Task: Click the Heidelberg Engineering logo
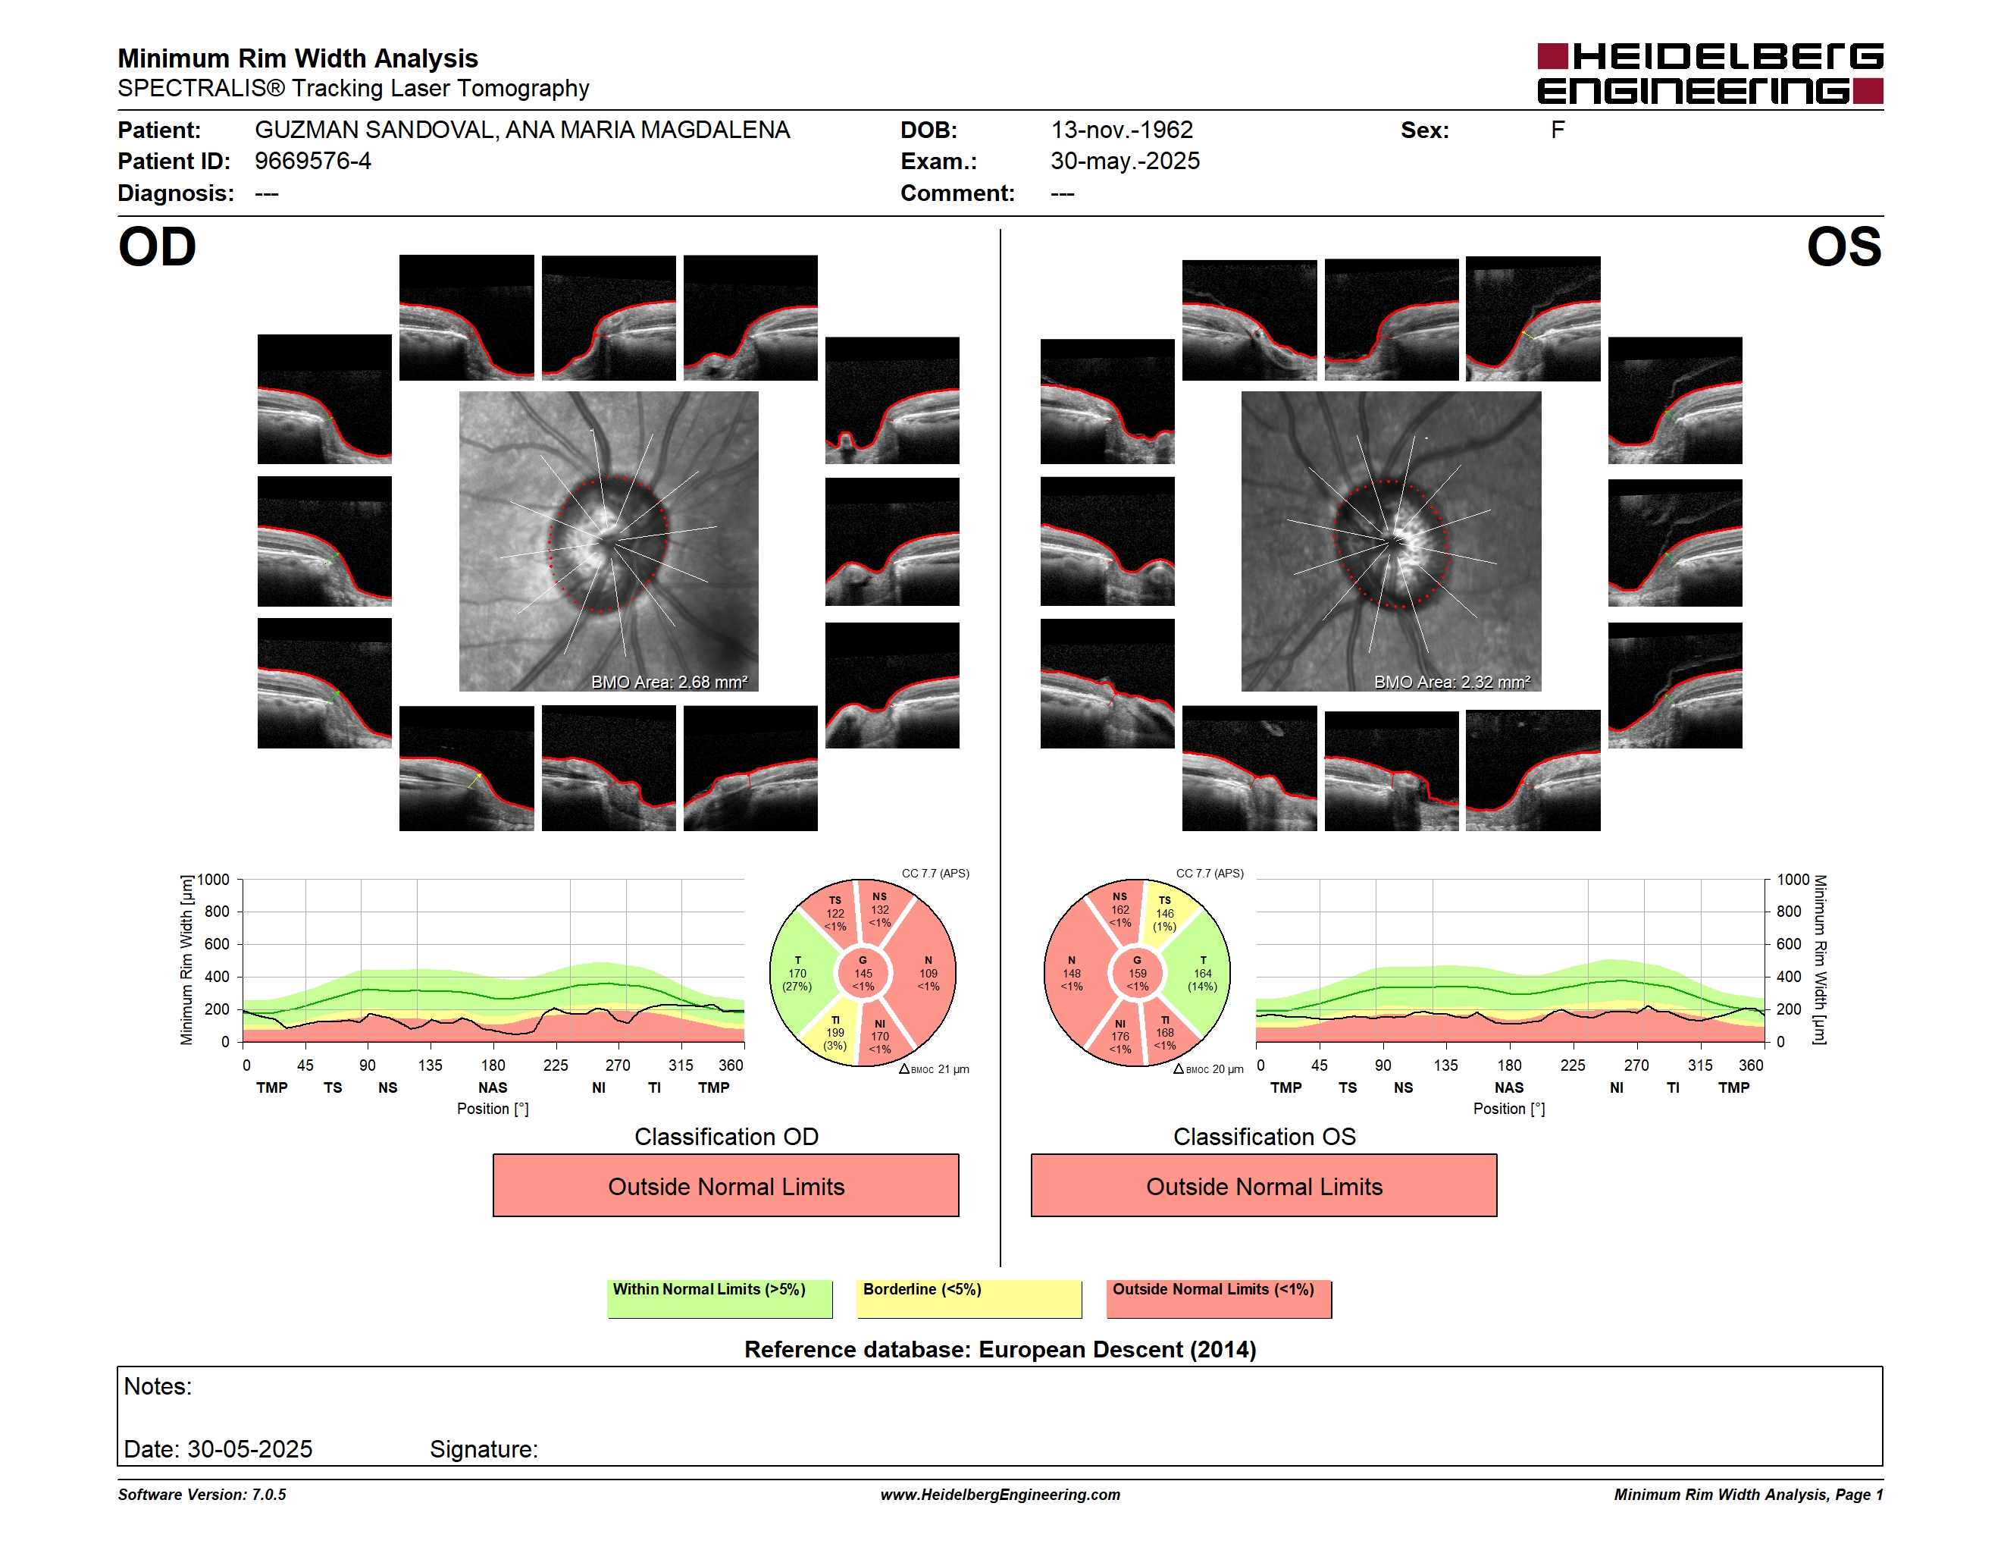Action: pyautogui.click(x=1710, y=74)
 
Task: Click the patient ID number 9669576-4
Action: pyautogui.click(x=312, y=162)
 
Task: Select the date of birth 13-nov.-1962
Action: pyautogui.click(x=1122, y=130)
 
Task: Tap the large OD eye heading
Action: pyautogui.click(x=158, y=247)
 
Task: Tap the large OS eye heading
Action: pyautogui.click(x=1843, y=247)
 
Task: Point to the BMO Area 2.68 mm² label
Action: pyautogui.click(x=669, y=682)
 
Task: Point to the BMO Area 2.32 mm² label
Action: pyautogui.click(x=1451, y=682)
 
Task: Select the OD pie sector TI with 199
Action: pyautogui.click(x=834, y=1033)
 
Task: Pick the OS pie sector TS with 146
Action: pyautogui.click(x=1166, y=913)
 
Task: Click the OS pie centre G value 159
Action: pyautogui.click(x=1137, y=973)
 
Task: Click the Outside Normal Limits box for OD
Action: pyautogui.click(x=725, y=1186)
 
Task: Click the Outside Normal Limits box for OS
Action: pyautogui.click(x=1264, y=1186)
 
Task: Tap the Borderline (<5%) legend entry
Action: pyautogui.click(x=969, y=1298)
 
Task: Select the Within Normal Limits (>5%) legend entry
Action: pyautogui.click(x=719, y=1298)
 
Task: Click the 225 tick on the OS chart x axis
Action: pyautogui.click(x=1572, y=1065)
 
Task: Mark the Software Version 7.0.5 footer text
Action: pyautogui.click(x=202, y=1495)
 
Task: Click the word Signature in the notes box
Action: pyautogui.click(x=484, y=1449)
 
